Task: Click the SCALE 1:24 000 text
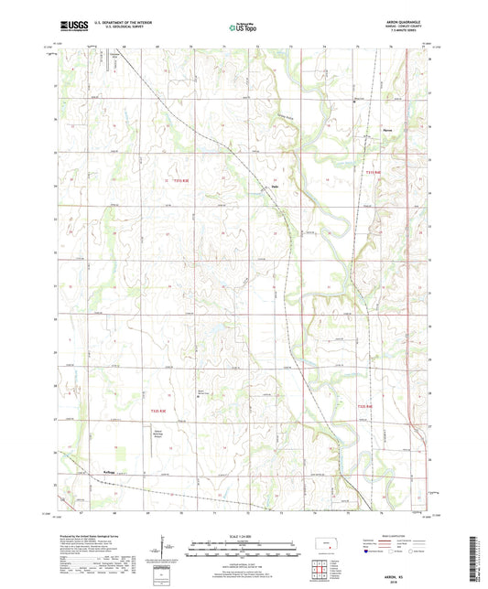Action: coord(244,534)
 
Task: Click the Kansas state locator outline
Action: coord(326,546)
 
